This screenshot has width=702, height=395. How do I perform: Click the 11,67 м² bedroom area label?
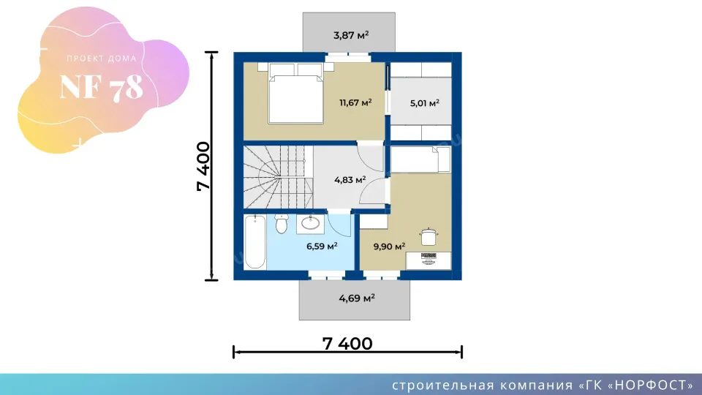tap(355, 102)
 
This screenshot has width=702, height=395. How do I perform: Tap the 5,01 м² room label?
tap(424, 103)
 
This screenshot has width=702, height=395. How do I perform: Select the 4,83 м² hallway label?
tap(350, 180)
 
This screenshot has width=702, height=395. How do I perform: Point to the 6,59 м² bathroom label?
tap(322, 246)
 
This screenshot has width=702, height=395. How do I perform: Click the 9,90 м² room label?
tap(389, 247)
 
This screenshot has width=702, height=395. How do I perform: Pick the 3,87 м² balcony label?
tap(351, 35)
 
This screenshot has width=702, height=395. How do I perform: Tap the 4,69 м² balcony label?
tap(357, 298)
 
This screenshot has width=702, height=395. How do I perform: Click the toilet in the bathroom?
tap(281, 224)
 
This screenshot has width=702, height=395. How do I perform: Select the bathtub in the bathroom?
tap(255, 242)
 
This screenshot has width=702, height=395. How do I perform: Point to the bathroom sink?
tap(310, 224)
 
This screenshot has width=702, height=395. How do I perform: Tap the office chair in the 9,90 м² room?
tap(429, 236)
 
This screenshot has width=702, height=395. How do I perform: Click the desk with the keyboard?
tap(429, 260)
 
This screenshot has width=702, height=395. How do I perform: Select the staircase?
tap(278, 177)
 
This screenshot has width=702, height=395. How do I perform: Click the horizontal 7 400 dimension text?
tap(347, 344)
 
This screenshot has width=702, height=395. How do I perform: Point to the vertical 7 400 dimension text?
tap(203, 166)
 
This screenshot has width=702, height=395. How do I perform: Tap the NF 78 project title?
tap(102, 87)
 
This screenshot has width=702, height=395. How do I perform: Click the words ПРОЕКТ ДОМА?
tap(102, 59)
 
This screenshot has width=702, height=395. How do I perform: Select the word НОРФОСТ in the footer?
tap(651, 385)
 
